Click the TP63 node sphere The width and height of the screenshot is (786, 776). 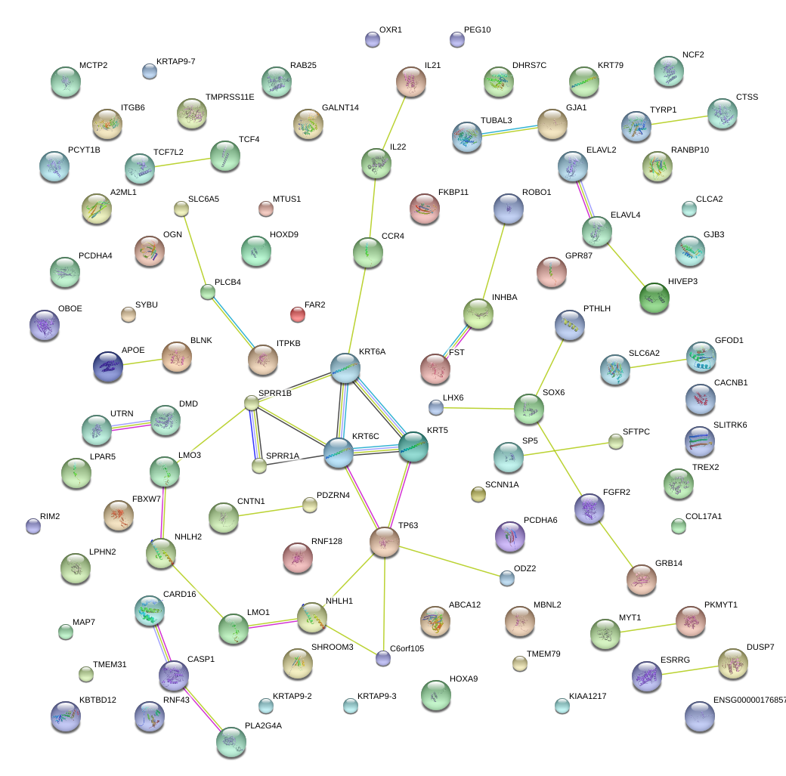pos(385,542)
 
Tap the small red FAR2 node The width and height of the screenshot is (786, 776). pos(298,314)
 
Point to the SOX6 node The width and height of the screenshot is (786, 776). pos(528,408)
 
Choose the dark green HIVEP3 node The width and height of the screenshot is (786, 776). pos(654,297)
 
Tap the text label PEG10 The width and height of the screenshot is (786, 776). pos(477,30)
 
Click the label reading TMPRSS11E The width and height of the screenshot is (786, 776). pos(230,97)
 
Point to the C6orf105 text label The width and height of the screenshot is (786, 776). pos(413,648)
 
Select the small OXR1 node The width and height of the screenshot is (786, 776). pos(372,39)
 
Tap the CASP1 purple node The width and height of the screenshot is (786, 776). pos(174,675)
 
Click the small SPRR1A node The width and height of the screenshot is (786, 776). pos(259,465)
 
